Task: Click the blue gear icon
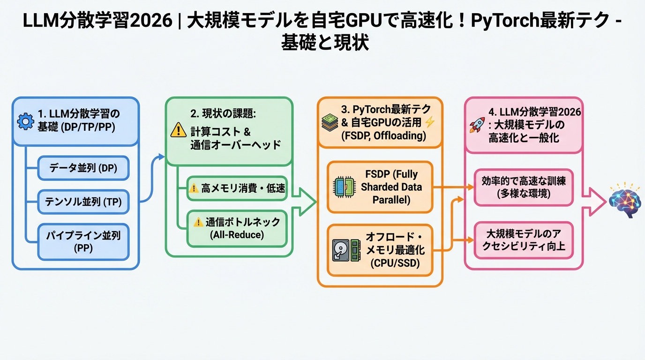[x=25, y=121]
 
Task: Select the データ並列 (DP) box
[x=83, y=168]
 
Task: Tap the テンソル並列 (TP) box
[x=83, y=202]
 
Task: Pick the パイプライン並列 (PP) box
[x=83, y=241]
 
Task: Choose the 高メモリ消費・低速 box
[x=237, y=188]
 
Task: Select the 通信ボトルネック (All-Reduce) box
[x=237, y=228]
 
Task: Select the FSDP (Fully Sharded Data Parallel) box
[x=380, y=187]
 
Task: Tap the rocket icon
[x=477, y=125]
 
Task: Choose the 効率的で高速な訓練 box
[x=524, y=187]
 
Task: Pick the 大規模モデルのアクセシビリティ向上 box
[x=524, y=240]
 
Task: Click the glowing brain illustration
[x=624, y=201]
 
